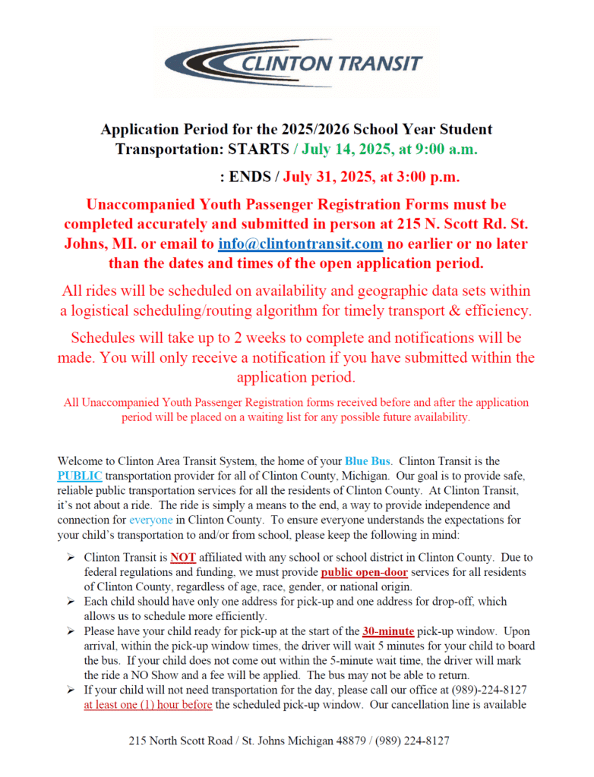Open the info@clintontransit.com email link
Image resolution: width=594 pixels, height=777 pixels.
(x=300, y=244)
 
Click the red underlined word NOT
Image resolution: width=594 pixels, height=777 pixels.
(x=183, y=557)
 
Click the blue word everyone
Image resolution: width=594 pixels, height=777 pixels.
(x=150, y=521)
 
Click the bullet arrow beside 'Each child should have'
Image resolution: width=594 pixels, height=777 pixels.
(x=70, y=602)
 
